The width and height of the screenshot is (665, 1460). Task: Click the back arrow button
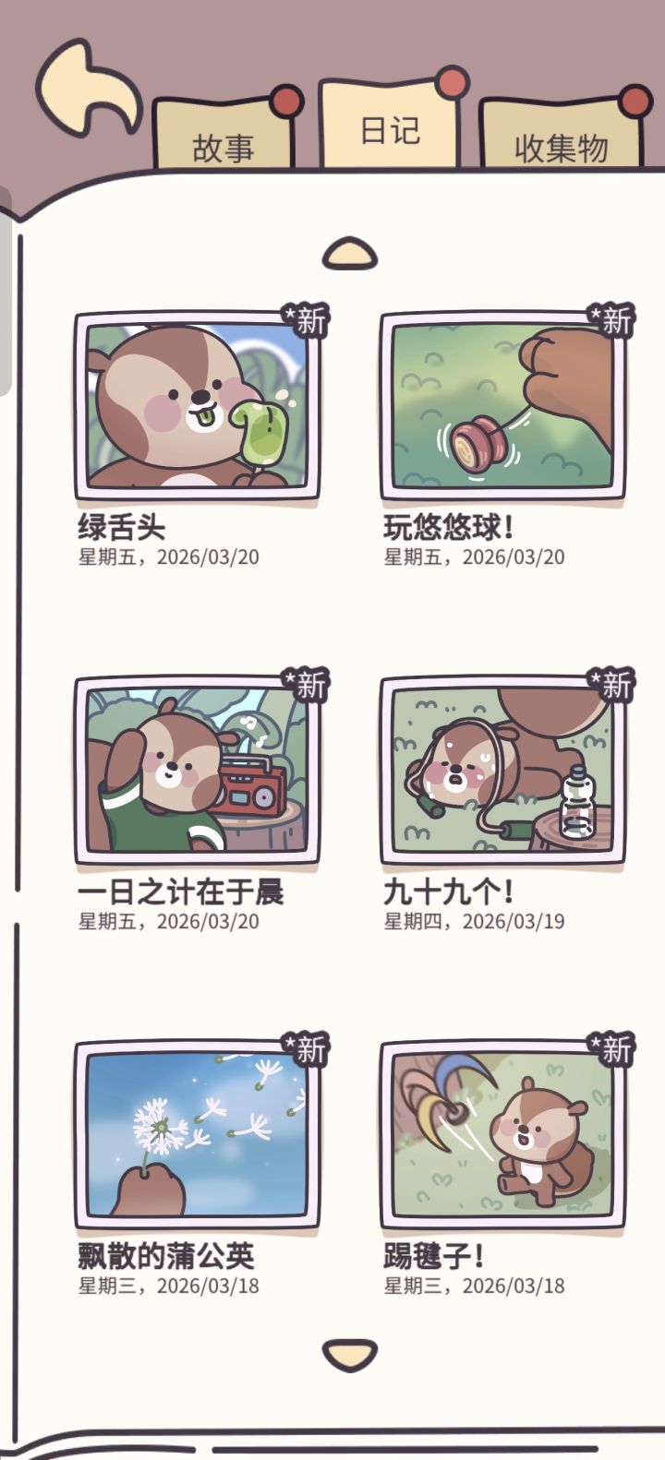pyautogui.click(x=87, y=88)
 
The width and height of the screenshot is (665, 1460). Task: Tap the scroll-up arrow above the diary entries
pyautogui.click(x=350, y=253)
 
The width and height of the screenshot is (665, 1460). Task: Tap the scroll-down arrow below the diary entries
pyautogui.click(x=350, y=1355)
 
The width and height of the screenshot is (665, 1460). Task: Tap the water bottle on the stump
pyautogui.click(x=577, y=802)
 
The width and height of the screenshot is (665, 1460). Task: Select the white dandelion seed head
pyautogui.click(x=160, y=1126)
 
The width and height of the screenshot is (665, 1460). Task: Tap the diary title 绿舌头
pyautogui.click(x=121, y=527)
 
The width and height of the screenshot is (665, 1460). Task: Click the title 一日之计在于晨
pyautogui.click(x=181, y=891)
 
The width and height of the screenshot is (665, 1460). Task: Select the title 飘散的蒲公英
pyautogui.click(x=165, y=1255)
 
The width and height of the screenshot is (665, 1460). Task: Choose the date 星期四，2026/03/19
pyautogui.click(x=474, y=921)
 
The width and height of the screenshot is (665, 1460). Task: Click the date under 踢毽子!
pyautogui.click(x=474, y=1286)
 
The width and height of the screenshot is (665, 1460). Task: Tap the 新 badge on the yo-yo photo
pyautogui.click(x=611, y=320)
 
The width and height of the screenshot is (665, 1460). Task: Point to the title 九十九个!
pyautogui.click(x=448, y=891)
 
